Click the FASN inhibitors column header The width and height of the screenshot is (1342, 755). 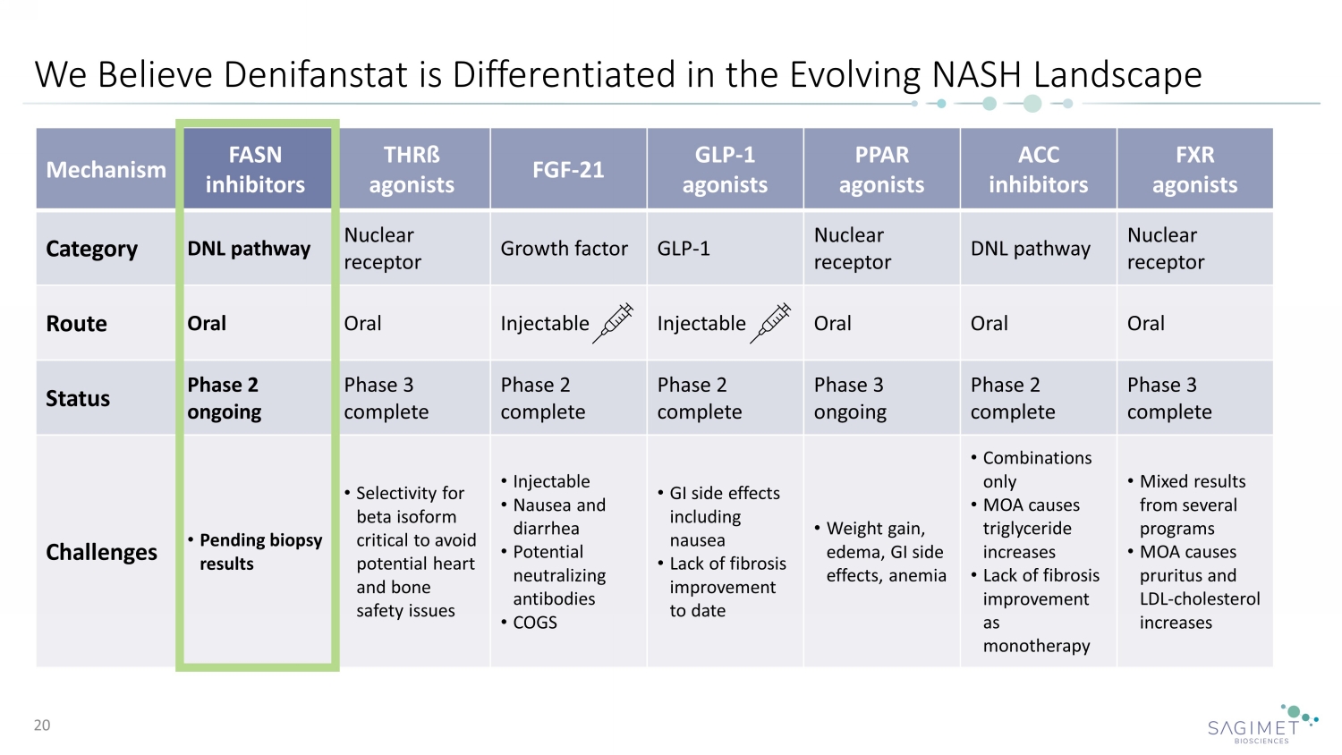[256, 169]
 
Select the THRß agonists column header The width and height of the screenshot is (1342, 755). [412, 169]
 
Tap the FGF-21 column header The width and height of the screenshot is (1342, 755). [568, 169]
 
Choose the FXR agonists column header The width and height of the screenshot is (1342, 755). [1194, 169]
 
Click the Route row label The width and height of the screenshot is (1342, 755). [77, 324]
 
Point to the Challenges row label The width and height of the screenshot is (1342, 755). [101, 552]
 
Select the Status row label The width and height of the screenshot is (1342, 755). [78, 399]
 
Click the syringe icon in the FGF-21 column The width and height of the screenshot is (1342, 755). [615, 322]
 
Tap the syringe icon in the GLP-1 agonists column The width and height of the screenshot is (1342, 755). [771, 322]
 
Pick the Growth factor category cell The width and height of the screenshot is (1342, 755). [564, 249]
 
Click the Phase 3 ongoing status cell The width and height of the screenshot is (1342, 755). [850, 398]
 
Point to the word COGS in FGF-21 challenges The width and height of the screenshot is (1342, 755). [535, 623]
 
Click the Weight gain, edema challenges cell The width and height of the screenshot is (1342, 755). [881, 552]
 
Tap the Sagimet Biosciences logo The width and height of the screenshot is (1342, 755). [1261, 725]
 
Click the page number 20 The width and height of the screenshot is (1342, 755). [42, 725]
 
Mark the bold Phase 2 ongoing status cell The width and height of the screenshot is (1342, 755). [225, 398]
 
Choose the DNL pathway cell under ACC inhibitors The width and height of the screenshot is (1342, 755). [1031, 249]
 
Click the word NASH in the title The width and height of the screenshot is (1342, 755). [977, 74]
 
